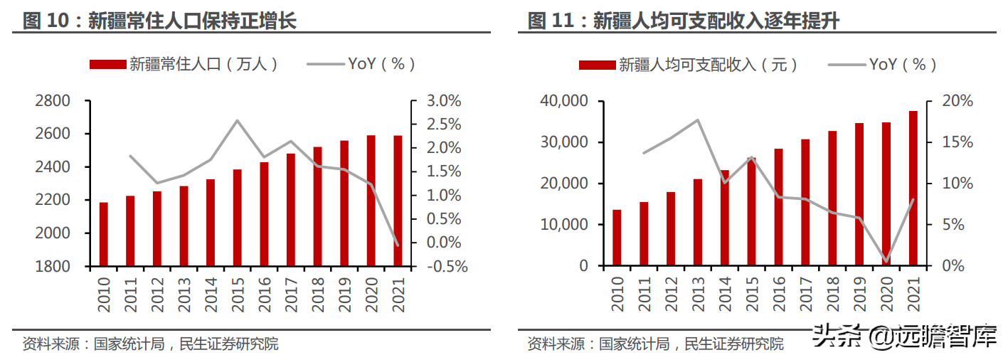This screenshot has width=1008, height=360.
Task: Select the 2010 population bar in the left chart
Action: coord(104,234)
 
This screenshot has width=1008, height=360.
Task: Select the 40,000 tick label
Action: coord(563,101)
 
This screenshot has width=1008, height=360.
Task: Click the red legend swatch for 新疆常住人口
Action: coord(107,65)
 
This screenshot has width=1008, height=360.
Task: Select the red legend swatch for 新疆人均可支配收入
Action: coord(597,65)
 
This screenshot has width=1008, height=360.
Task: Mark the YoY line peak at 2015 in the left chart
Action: coord(238,120)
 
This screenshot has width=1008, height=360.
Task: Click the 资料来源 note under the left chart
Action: coord(150,344)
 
